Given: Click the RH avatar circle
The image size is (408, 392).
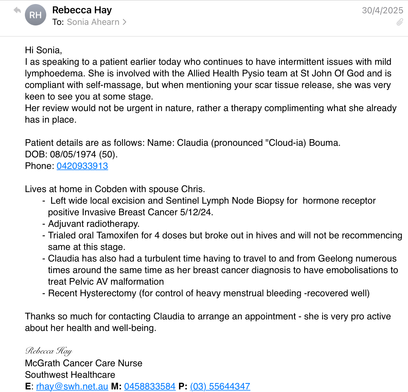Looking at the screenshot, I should [36, 15].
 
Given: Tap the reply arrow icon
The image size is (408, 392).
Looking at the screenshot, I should [17, 10].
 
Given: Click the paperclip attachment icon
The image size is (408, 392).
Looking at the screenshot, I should [400, 22].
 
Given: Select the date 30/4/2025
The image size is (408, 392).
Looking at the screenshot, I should [382, 10].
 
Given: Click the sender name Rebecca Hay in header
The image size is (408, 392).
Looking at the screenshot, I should [82, 10].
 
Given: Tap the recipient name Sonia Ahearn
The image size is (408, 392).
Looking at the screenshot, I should [93, 22].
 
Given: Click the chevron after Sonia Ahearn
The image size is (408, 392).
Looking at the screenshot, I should [125, 22].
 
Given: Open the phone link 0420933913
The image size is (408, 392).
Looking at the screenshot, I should [82, 166].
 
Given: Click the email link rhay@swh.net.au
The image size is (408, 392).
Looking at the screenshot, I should [72, 386].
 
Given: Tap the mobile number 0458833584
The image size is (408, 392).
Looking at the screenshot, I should [150, 386].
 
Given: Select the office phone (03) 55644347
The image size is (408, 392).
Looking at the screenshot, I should [220, 386].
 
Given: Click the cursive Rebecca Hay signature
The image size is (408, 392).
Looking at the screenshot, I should [49, 351].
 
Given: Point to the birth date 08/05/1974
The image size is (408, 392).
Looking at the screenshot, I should [73, 154].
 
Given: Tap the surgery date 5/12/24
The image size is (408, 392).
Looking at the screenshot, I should [196, 212].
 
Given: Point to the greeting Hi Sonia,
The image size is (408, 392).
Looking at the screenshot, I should [43, 50].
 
